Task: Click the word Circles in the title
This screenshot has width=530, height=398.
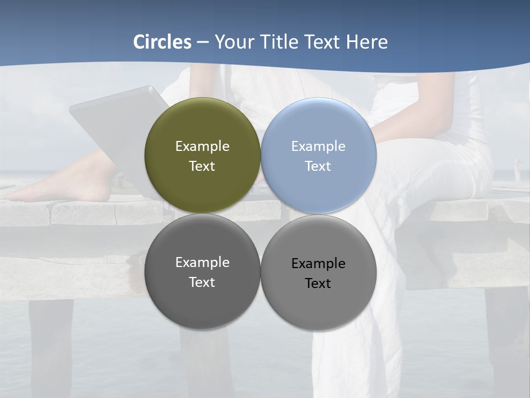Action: point(162,42)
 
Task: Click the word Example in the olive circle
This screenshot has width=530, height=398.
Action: point(202,146)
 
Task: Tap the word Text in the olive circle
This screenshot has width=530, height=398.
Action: point(202,166)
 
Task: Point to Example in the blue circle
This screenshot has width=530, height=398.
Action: point(318,146)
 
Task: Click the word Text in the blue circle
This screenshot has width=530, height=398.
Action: point(318,166)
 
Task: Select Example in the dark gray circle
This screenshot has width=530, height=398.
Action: point(202,263)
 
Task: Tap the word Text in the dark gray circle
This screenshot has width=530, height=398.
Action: point(202,282)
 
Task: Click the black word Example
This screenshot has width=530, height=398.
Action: point(318,264)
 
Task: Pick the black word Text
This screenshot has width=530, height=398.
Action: point(318,283)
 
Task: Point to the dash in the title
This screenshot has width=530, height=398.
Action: point(203,43)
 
